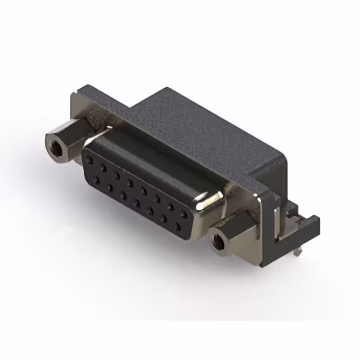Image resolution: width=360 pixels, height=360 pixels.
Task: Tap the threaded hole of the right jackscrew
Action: click(218, 242)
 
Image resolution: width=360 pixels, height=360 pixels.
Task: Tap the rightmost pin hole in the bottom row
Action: click(178, 227)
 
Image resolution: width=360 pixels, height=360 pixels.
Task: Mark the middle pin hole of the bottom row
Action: click(137, 202)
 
